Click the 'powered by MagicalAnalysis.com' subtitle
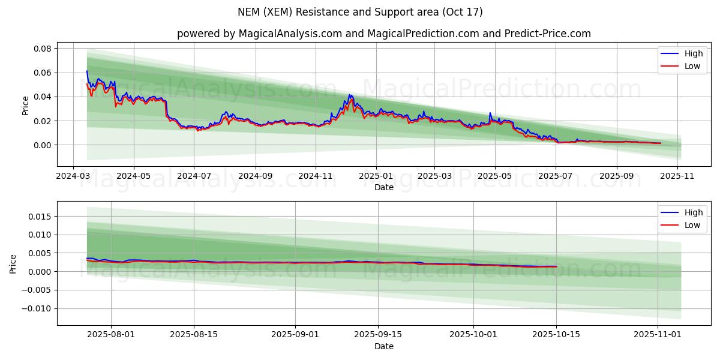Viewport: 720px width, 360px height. coord(384,34)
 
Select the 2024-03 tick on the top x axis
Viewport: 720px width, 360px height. coord(73,176)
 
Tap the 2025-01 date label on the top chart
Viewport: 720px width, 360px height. coord(376,176)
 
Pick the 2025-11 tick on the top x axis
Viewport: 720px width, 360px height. coord(677,176)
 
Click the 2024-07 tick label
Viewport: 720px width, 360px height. coord(194,176)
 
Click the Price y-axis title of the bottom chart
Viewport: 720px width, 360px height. coord(13,263)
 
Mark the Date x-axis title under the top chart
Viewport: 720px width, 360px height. coord(384,187)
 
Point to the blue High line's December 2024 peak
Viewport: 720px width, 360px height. coord(349,95)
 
